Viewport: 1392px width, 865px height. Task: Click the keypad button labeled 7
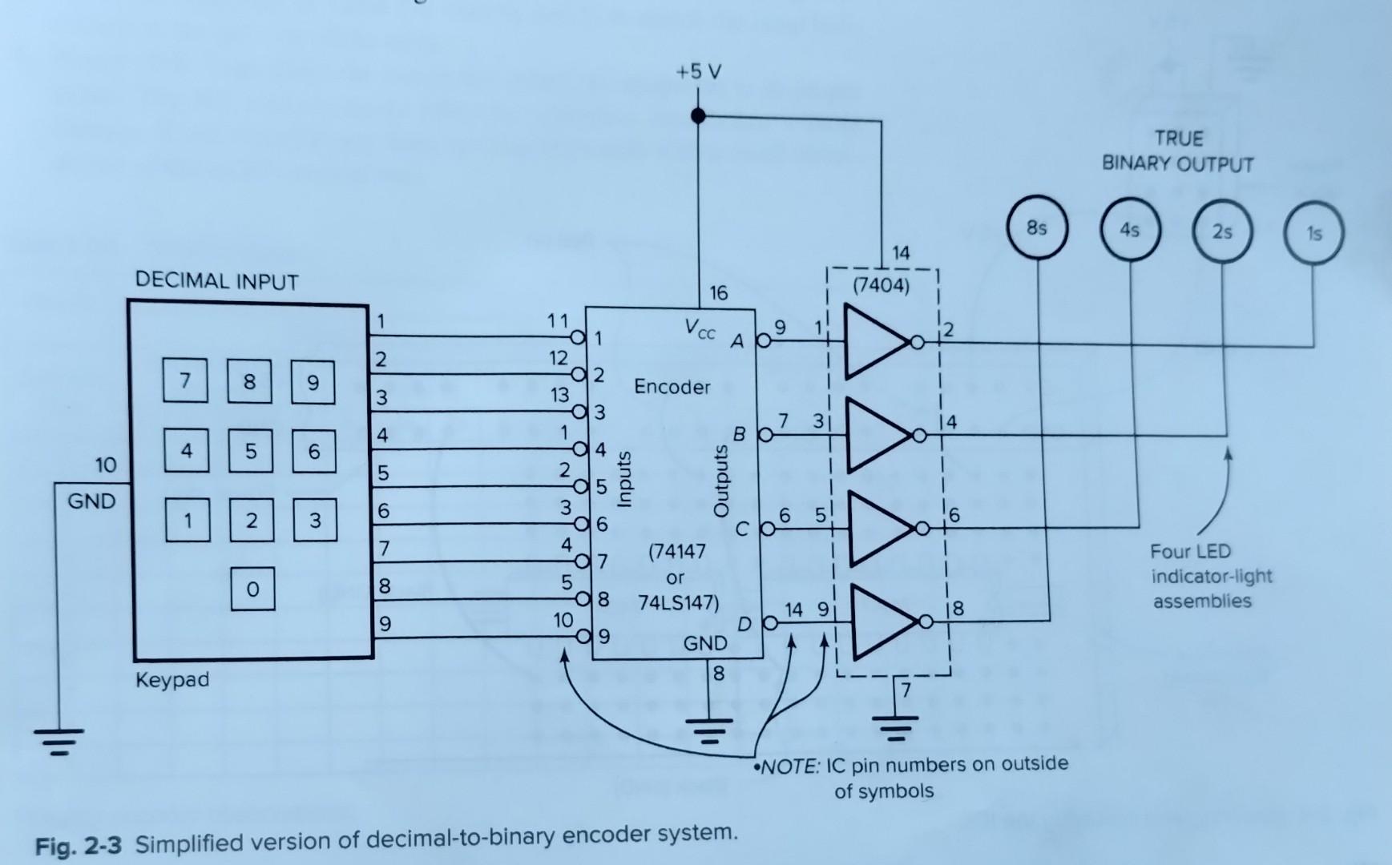(x=185, y=380)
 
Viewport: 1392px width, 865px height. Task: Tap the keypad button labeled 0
(x=252, y=589)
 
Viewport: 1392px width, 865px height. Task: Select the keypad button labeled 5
(x=251, y=451)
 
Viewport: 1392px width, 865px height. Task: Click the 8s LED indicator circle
(x=1037, y=229)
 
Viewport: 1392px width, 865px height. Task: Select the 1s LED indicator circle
(x=1313, y=234)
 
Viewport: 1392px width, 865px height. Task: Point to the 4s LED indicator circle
(x=1129, y=231)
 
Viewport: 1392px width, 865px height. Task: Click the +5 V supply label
(x=698, y=72)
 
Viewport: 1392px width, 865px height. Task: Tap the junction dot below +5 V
(x=698, y=116)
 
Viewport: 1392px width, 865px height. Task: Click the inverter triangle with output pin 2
(x=875, y=342)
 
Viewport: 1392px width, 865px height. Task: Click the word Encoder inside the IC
(x=672, y=387)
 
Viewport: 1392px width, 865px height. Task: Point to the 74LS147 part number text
(x=678, y=602)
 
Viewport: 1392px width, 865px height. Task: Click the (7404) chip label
(x=881, y=285)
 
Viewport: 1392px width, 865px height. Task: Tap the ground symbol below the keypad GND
(x=58, y=742)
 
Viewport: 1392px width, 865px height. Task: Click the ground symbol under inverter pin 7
(x=895, y=728)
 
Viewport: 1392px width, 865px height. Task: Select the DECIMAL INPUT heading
(x=216, y=281)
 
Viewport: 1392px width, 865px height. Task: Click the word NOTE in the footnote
(x=790, y=767)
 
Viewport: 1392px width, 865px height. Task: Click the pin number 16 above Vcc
(x=718, y=293)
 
